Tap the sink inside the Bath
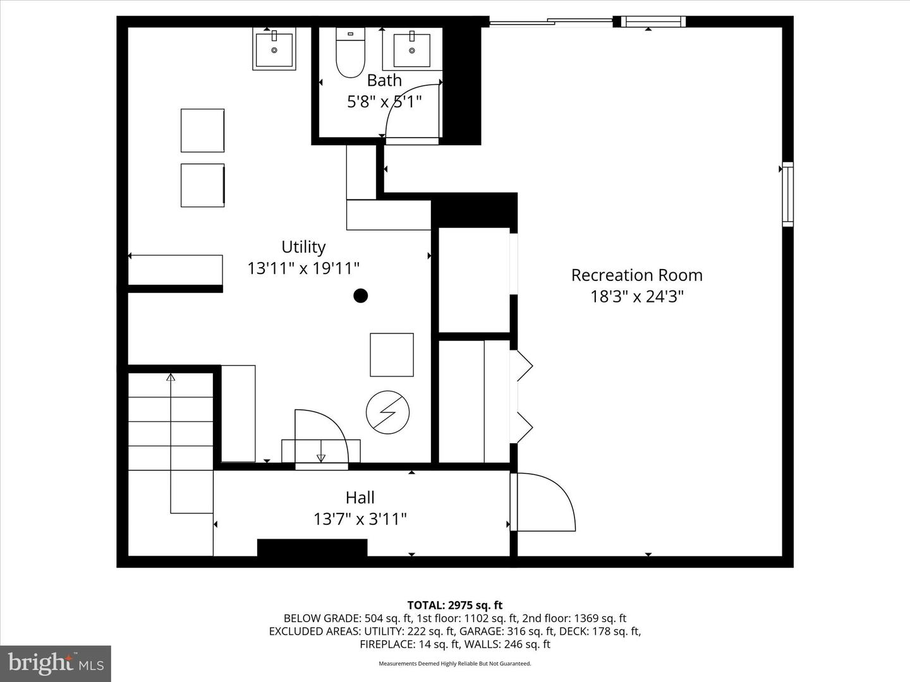point(412,49)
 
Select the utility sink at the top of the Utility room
point(274,49)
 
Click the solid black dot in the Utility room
point(360,296)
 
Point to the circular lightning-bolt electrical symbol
point(387,412)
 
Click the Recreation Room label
point(636,275)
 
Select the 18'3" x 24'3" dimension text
point(637,296)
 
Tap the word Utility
point(303,247)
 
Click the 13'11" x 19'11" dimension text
point(303,268)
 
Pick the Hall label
point(360,498)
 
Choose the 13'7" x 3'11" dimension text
point(360,519)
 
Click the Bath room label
point(384,81)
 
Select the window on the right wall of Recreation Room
point(787,194)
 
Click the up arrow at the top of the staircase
point(171,378)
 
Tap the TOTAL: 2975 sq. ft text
point(454,606)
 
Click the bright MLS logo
point(56,663)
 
